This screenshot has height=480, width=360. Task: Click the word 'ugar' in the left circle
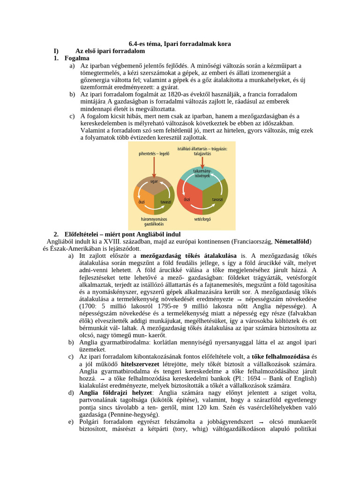click(154, 180)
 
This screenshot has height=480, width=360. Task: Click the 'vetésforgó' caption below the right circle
click(202, 219)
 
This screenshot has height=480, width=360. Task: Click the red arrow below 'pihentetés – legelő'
click(154, 165)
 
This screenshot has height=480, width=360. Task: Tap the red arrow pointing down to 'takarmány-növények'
click(202, 160)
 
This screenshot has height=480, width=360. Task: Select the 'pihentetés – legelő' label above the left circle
click(154, 153)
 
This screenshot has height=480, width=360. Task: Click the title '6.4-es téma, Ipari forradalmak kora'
click(180, 44)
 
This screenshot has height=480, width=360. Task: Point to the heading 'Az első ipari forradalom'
click(110, 51)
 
